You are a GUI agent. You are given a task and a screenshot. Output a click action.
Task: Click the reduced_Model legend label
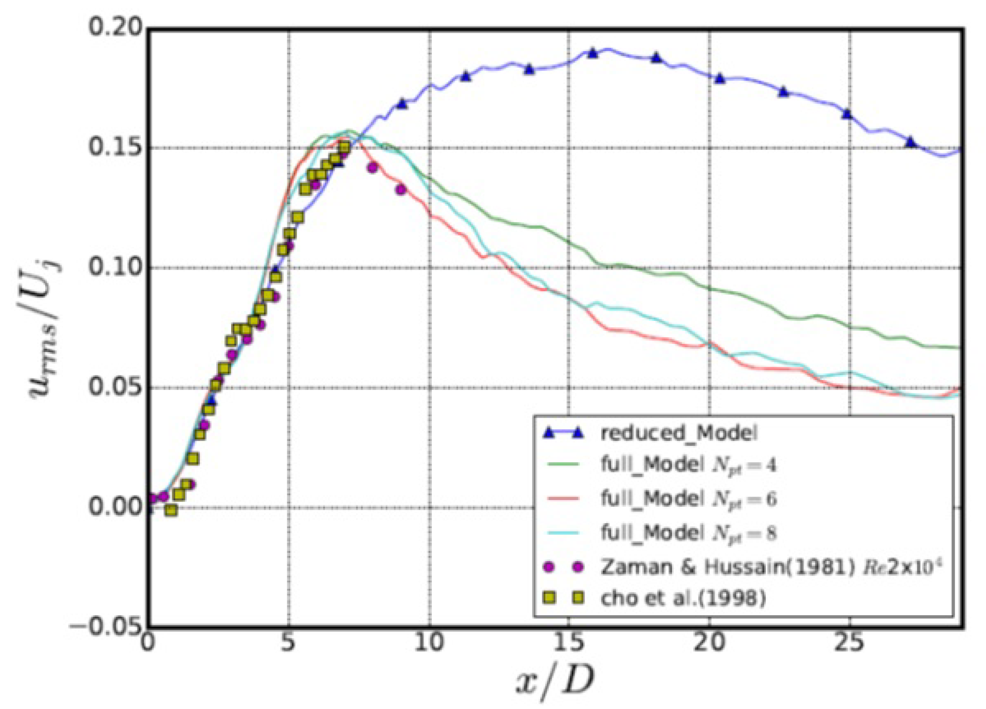[x=678, y=434]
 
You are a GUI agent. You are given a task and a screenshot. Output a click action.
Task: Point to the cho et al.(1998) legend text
[x=682, y=599]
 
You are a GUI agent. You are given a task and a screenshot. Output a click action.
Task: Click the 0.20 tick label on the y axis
[x=115, y=29]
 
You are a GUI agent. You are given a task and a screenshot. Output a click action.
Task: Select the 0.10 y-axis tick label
[x=115, y=267]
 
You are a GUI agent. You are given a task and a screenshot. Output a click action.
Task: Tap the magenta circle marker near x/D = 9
[x=401, y=190]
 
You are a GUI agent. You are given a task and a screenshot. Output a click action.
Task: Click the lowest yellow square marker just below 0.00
[x=171, y=511]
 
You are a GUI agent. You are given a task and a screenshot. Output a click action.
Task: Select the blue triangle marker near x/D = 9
[x=402, y=104]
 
